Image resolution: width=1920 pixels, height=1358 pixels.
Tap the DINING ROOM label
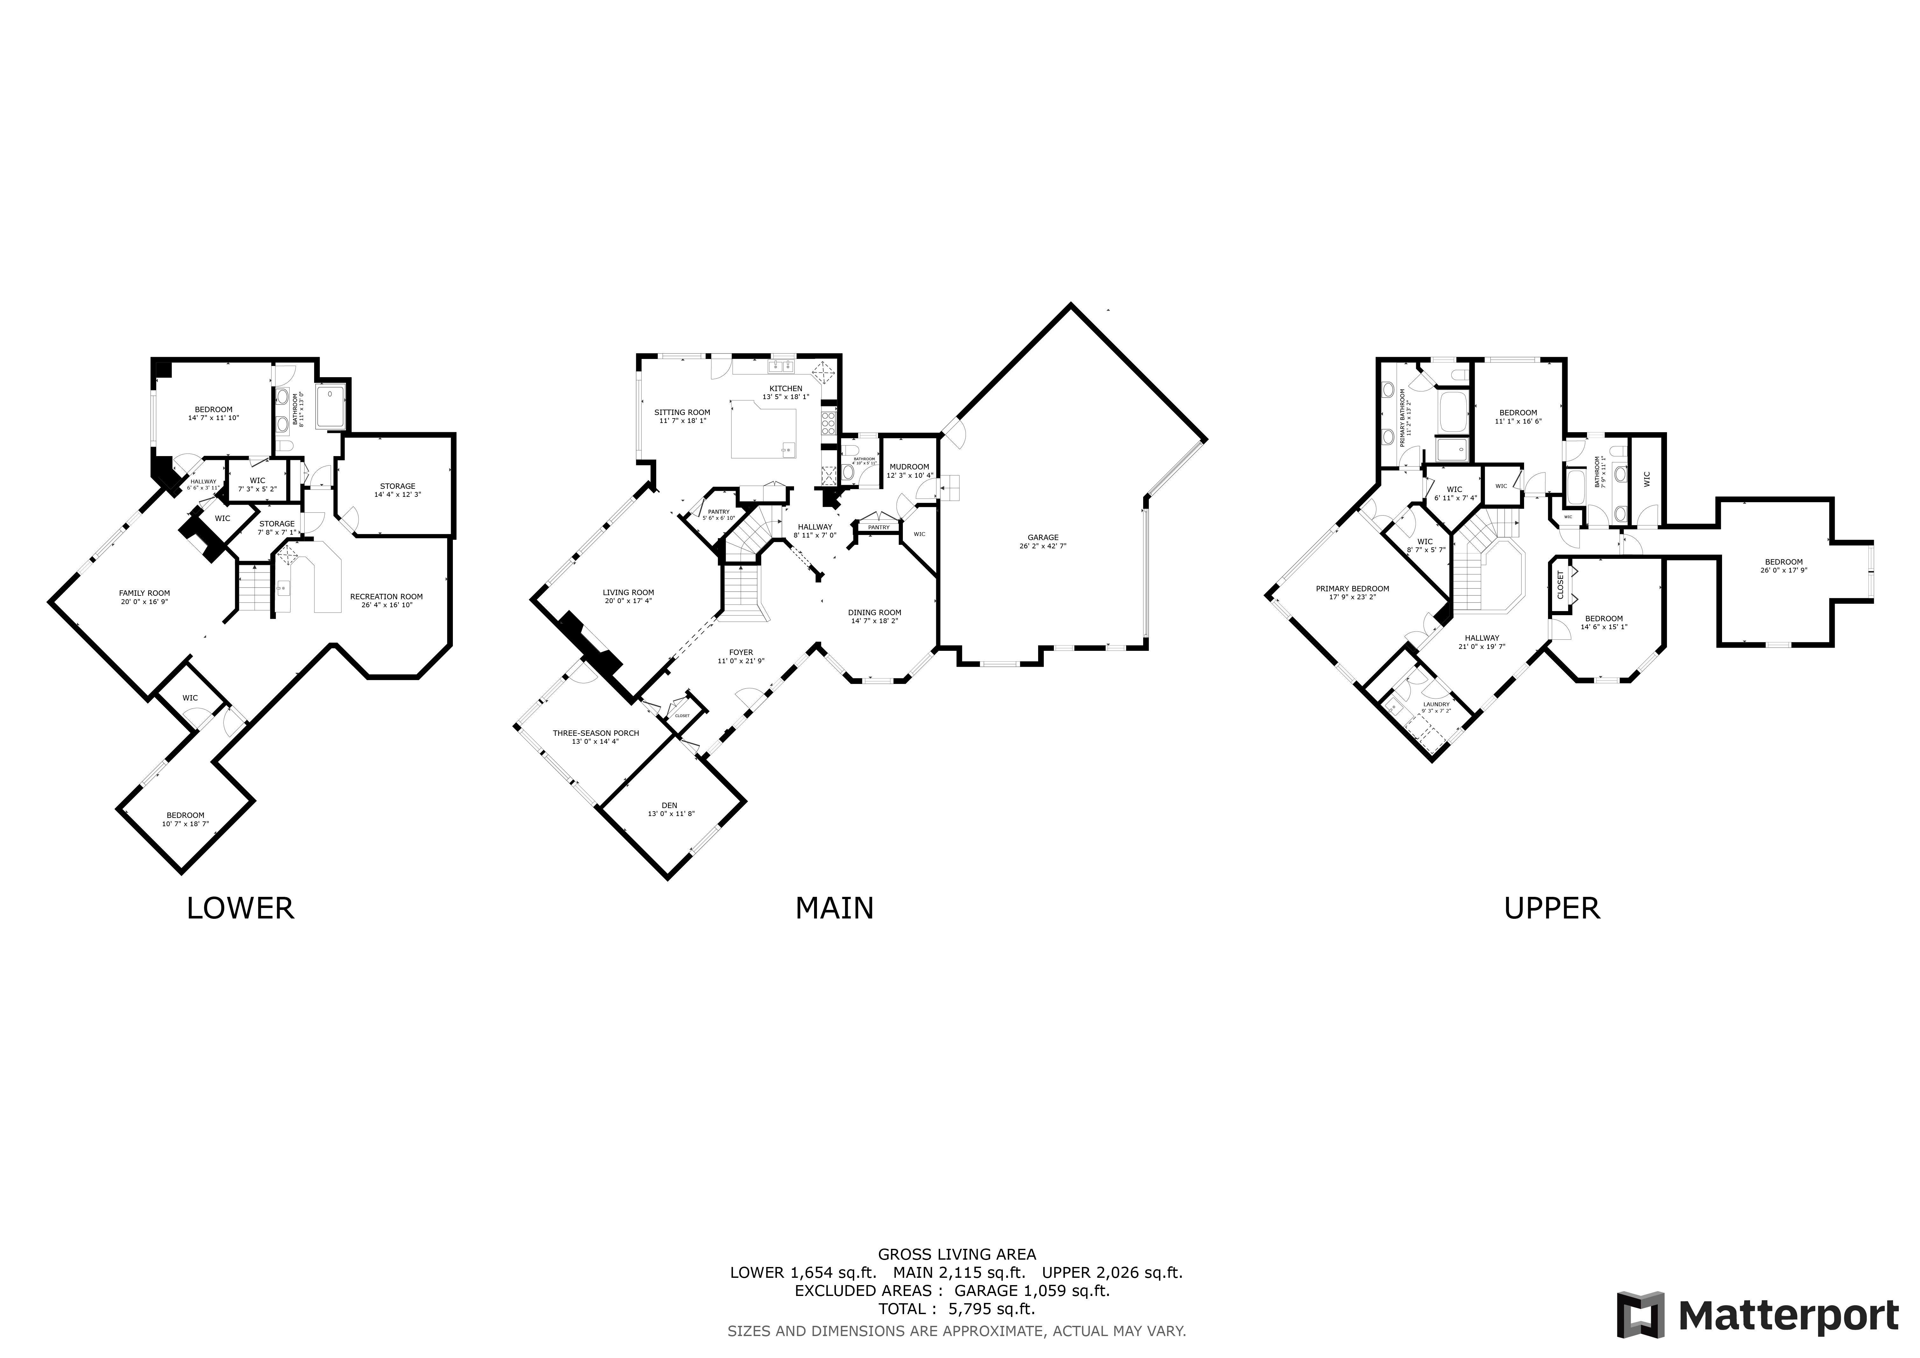coord(875,612)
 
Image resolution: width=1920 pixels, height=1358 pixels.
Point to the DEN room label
coord(669,805)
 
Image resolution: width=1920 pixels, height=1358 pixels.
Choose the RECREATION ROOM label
coord(386,596)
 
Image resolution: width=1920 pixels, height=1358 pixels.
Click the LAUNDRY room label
coord(1436,704)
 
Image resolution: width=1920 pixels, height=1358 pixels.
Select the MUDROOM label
coord(909,467)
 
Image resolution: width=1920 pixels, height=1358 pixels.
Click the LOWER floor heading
coord(240,908)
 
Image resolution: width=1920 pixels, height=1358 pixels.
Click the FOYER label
coord(741,652)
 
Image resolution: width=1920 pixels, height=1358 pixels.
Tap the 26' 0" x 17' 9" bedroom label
coord(1784,562)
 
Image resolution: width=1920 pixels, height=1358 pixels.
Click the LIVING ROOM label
coord(628,592)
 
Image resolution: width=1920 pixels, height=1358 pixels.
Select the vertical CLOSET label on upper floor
coord(1560,585)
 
